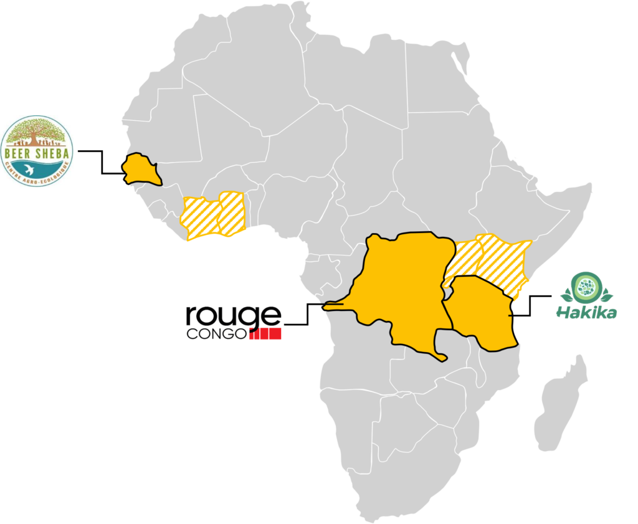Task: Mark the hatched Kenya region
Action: click(502, 262)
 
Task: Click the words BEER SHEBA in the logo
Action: click(37, 150)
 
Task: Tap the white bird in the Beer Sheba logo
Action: click(29, 169)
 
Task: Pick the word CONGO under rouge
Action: click(216, 335)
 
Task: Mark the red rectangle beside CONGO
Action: click(265, 334)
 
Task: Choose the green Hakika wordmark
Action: click(586, 312)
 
